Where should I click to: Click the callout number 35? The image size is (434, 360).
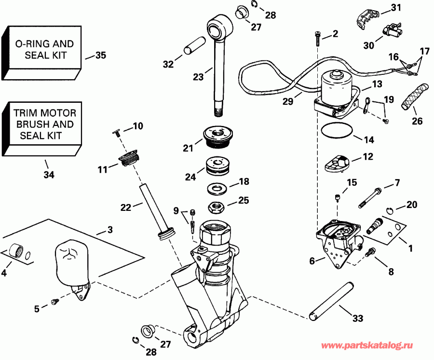pos(100,55)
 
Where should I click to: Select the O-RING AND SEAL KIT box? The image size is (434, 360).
pos(42,52)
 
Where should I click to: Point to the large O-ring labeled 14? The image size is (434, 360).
pos(337,130)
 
